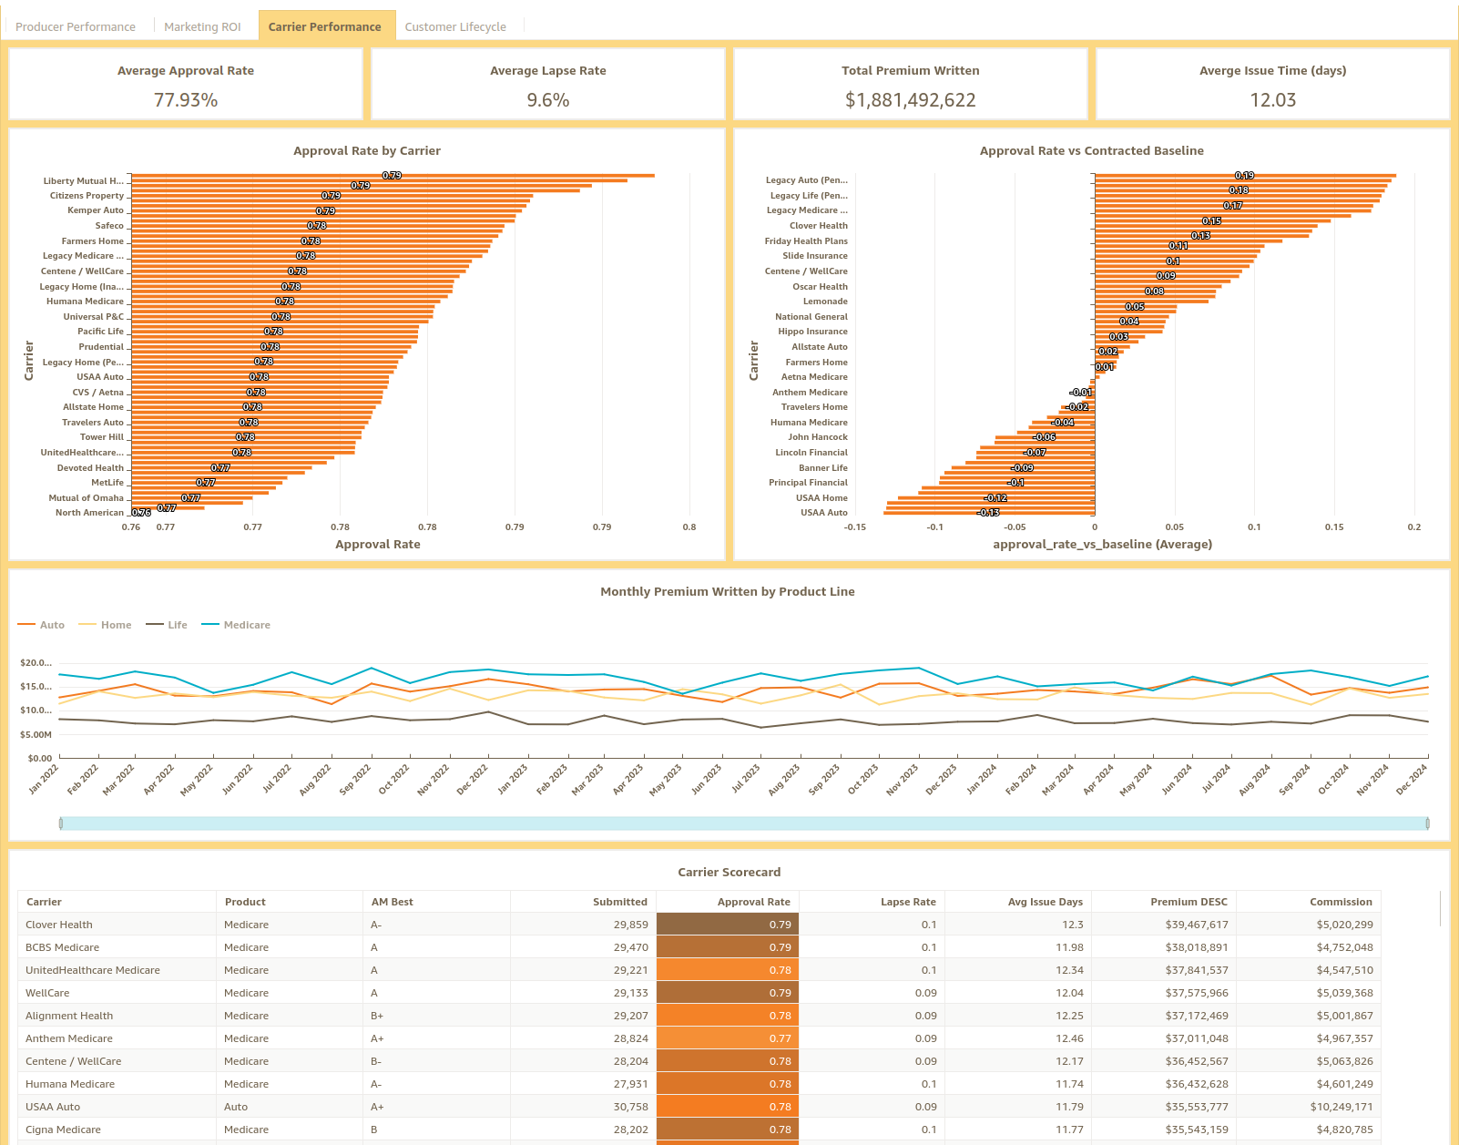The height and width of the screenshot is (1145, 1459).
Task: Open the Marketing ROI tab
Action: (202, 26)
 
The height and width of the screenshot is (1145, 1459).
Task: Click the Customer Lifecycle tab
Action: (454, 26)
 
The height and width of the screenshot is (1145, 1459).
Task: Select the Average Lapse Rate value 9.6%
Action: (547, 100)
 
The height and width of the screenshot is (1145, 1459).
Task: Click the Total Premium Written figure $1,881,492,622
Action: (910, 100)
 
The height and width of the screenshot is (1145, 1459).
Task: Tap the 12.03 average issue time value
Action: (1272, 100)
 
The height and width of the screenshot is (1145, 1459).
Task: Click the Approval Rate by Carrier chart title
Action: (366, 151)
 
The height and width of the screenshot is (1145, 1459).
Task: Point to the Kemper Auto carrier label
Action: (95, 210)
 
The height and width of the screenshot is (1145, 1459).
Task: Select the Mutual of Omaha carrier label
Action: (86, 498)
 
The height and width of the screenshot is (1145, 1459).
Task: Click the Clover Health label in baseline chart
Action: (818, 226)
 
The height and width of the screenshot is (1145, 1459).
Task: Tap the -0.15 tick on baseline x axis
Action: (854, 527)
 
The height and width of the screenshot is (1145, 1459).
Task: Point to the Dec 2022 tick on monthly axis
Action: (474, 780)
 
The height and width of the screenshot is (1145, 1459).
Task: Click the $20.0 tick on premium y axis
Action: (36, 663)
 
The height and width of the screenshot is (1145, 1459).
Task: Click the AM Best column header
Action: (392, 902)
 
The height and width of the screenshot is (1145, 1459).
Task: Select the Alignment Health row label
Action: (69, 1016)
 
